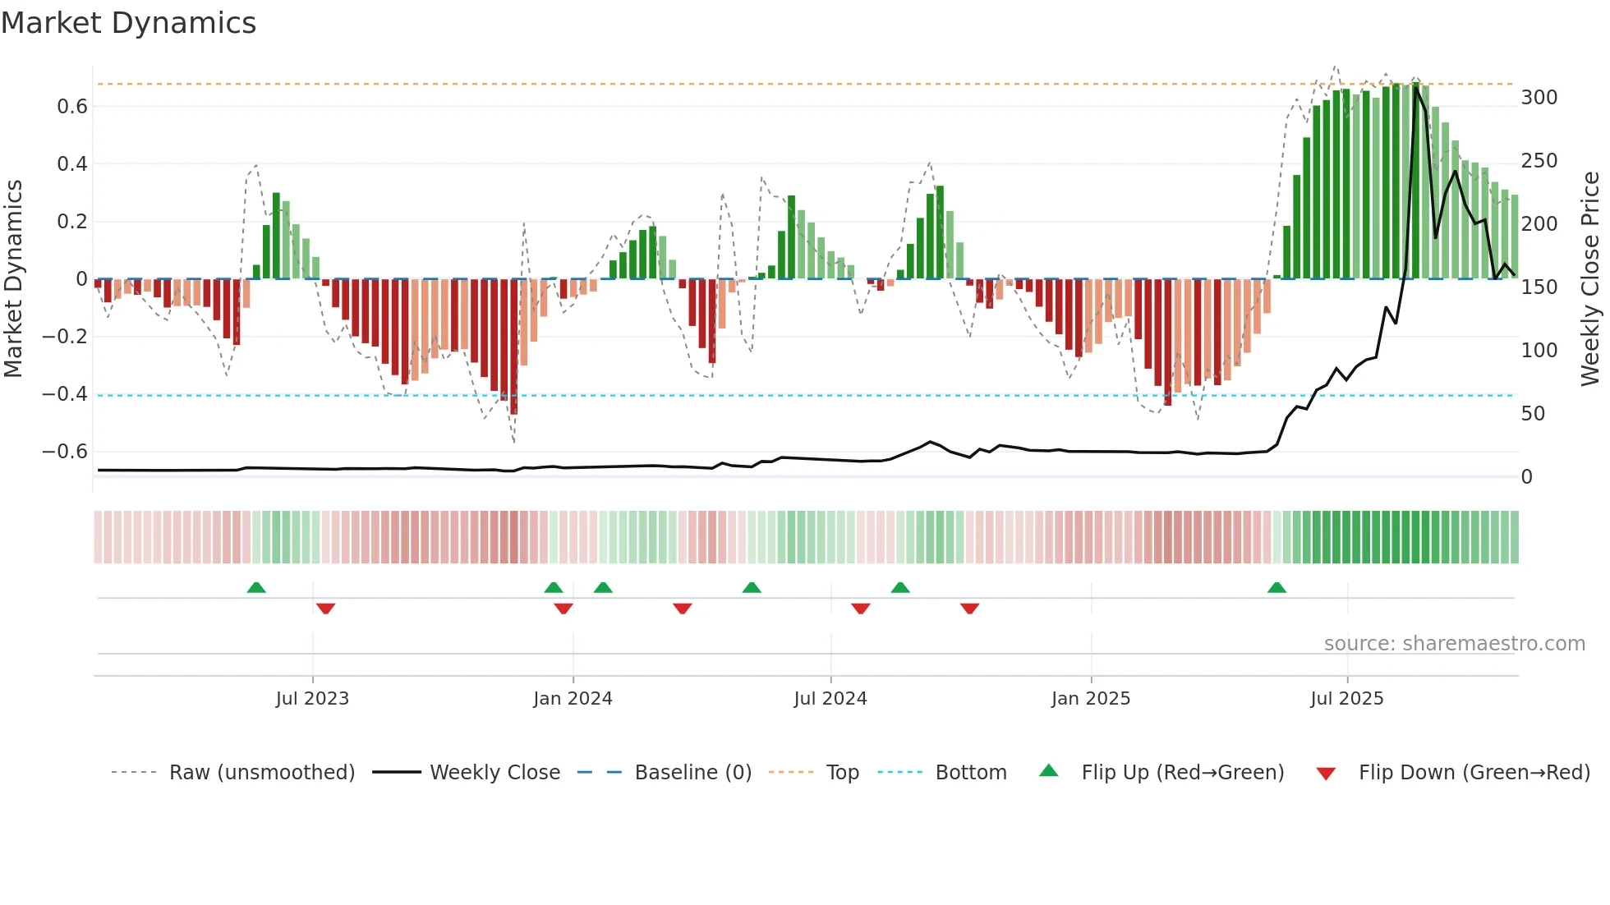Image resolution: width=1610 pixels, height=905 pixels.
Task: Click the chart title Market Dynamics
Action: coord(128,23)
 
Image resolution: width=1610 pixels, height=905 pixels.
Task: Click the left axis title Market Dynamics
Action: coord(14,279)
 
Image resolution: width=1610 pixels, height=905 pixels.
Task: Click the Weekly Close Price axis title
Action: coord(1590,279)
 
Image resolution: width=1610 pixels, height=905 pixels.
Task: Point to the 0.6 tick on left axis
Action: coord(72,107)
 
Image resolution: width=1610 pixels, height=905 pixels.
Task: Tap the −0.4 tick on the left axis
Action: coord(65,394)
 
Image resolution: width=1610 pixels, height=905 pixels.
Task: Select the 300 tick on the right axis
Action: coord(1539,98)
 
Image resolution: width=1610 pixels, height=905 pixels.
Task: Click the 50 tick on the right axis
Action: coord(1532,414)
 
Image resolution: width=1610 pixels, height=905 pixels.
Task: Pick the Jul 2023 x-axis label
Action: coord(312,699)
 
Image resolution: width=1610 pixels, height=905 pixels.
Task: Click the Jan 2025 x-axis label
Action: coord(1090,699)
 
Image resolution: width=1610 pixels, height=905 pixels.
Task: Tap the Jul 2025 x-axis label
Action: coord(1346,699)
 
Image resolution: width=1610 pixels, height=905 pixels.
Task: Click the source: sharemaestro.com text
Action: coord(1454,644)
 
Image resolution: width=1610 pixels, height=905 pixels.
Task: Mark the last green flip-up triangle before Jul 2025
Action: coord(1276,588)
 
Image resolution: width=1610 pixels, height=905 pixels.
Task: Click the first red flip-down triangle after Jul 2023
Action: coord(325,609)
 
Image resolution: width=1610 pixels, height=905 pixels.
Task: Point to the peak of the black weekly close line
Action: coord(1415,87)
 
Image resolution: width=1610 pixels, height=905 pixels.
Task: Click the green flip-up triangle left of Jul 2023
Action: coord(256,588)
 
